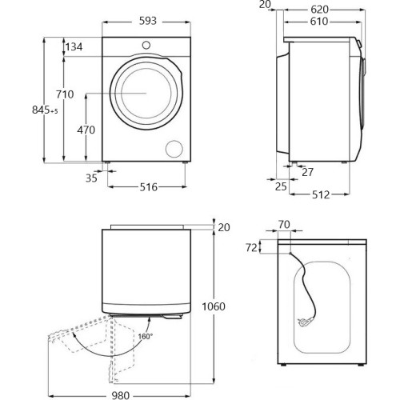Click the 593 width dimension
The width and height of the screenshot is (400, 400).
(x=148, y=21)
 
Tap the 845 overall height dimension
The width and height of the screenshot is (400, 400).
(x=45, y=110)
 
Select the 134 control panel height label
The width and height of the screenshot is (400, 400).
(x=74, y=47)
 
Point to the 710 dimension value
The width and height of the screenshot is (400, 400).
(x=65, y=94)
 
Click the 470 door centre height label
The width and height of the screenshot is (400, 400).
(x=86, y=130)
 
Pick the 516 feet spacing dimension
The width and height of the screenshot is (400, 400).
(x=149, y=187)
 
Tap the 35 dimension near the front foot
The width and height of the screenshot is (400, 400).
(x=91, y=178)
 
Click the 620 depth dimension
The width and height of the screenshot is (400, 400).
(x=319, y=10)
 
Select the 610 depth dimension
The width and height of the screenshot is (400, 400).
(x=319, y=22)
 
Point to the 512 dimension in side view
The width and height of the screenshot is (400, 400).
(x=321, y=195)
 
